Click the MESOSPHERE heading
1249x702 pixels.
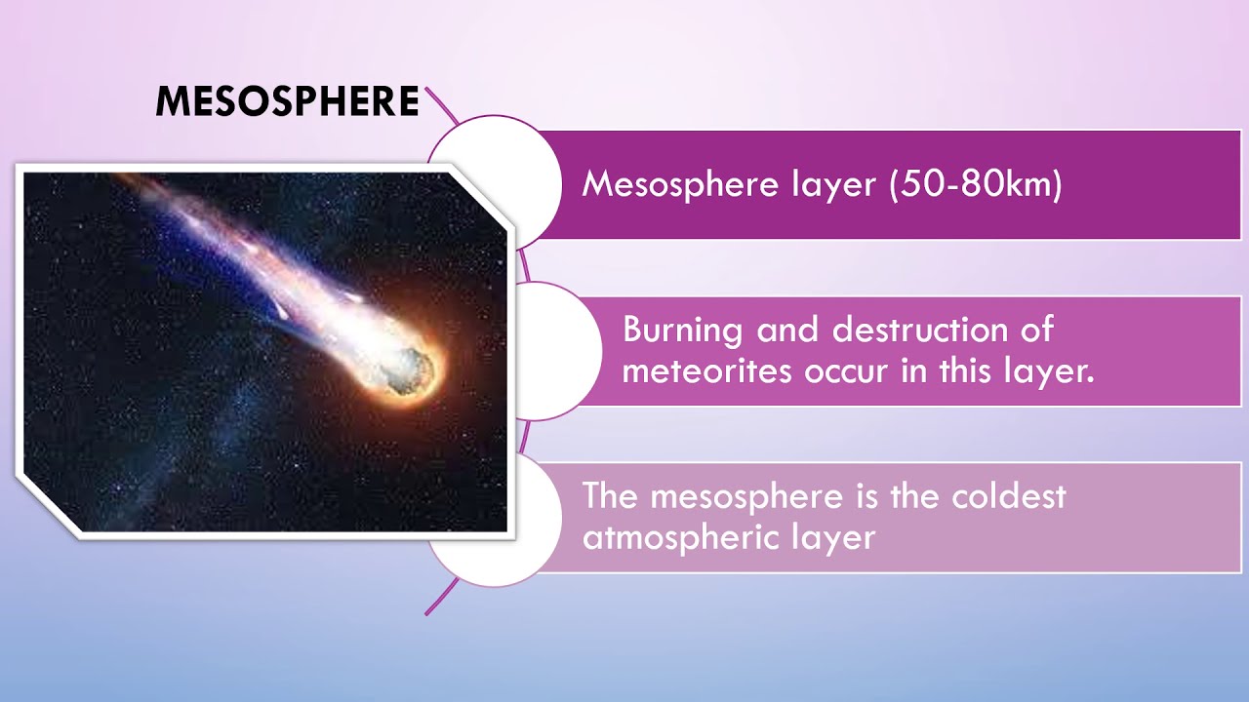pos(287,100)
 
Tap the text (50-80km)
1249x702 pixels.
pos(975,183)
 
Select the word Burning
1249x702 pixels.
pos(682,331)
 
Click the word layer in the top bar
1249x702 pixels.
pos(834,184)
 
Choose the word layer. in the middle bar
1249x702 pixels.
pos(1049,371)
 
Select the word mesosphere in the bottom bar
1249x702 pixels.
pos(747,497)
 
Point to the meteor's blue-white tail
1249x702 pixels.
pos(254,253)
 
